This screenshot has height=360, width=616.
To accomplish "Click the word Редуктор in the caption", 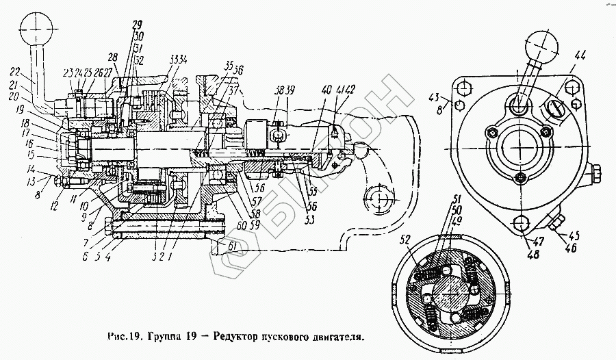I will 237,337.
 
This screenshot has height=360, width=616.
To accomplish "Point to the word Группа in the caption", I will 158,337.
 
